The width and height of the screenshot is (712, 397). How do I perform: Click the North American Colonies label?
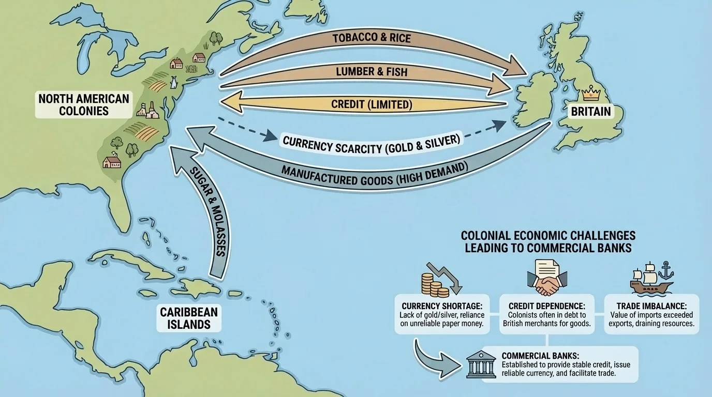(x=83, y=104)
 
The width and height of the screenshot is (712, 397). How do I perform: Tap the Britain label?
(x=591, y=111)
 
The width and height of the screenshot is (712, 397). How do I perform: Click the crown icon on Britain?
(x=589, y=94)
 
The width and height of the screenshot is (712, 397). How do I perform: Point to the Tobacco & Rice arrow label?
(x=372, y=39)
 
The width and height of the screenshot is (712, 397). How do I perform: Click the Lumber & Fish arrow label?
(x=372, y=72)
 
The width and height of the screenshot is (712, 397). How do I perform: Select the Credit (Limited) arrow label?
(x=372, y=104)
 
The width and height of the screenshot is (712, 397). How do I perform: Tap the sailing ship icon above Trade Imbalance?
(x=651, y=279)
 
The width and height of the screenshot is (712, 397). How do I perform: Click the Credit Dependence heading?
(x=546, y=306)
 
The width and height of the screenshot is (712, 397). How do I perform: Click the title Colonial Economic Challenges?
(x=548, y=236)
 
